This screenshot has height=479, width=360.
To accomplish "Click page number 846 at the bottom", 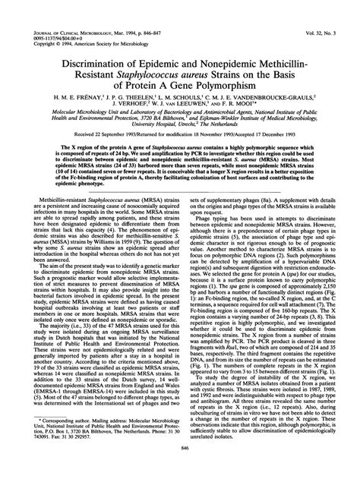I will point(181,469).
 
